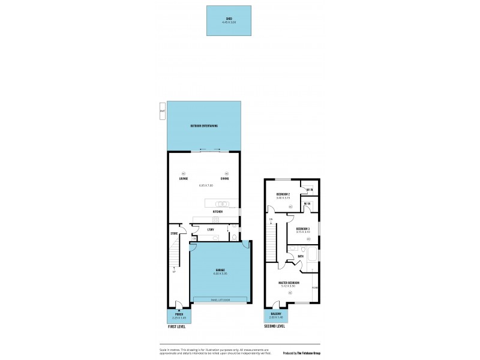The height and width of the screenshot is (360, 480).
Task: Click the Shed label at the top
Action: [229, 19]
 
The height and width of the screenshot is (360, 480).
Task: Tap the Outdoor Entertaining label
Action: [203, 126]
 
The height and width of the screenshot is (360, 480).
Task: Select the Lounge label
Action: [184, 179]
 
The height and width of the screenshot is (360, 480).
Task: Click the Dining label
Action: [224, 179]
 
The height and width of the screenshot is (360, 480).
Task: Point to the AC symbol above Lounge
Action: [184, 173]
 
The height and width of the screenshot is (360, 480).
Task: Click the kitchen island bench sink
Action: [221, 203]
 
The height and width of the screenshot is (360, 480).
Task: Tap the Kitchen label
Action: [218, 212]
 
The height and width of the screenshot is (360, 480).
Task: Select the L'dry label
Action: [211, 230]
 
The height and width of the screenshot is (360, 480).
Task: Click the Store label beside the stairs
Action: [174, 233]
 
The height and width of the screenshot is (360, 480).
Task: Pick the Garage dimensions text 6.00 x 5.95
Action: [219, 274]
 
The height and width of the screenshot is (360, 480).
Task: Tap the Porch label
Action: [179, 314]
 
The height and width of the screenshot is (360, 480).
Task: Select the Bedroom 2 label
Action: [283, 194]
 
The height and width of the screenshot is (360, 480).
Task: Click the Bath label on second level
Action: [300, 257]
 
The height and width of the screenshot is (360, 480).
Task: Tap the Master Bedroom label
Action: [289, 283]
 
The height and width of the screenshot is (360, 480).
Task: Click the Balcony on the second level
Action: [276, 314]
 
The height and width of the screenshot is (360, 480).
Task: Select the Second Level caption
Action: [274, 326]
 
